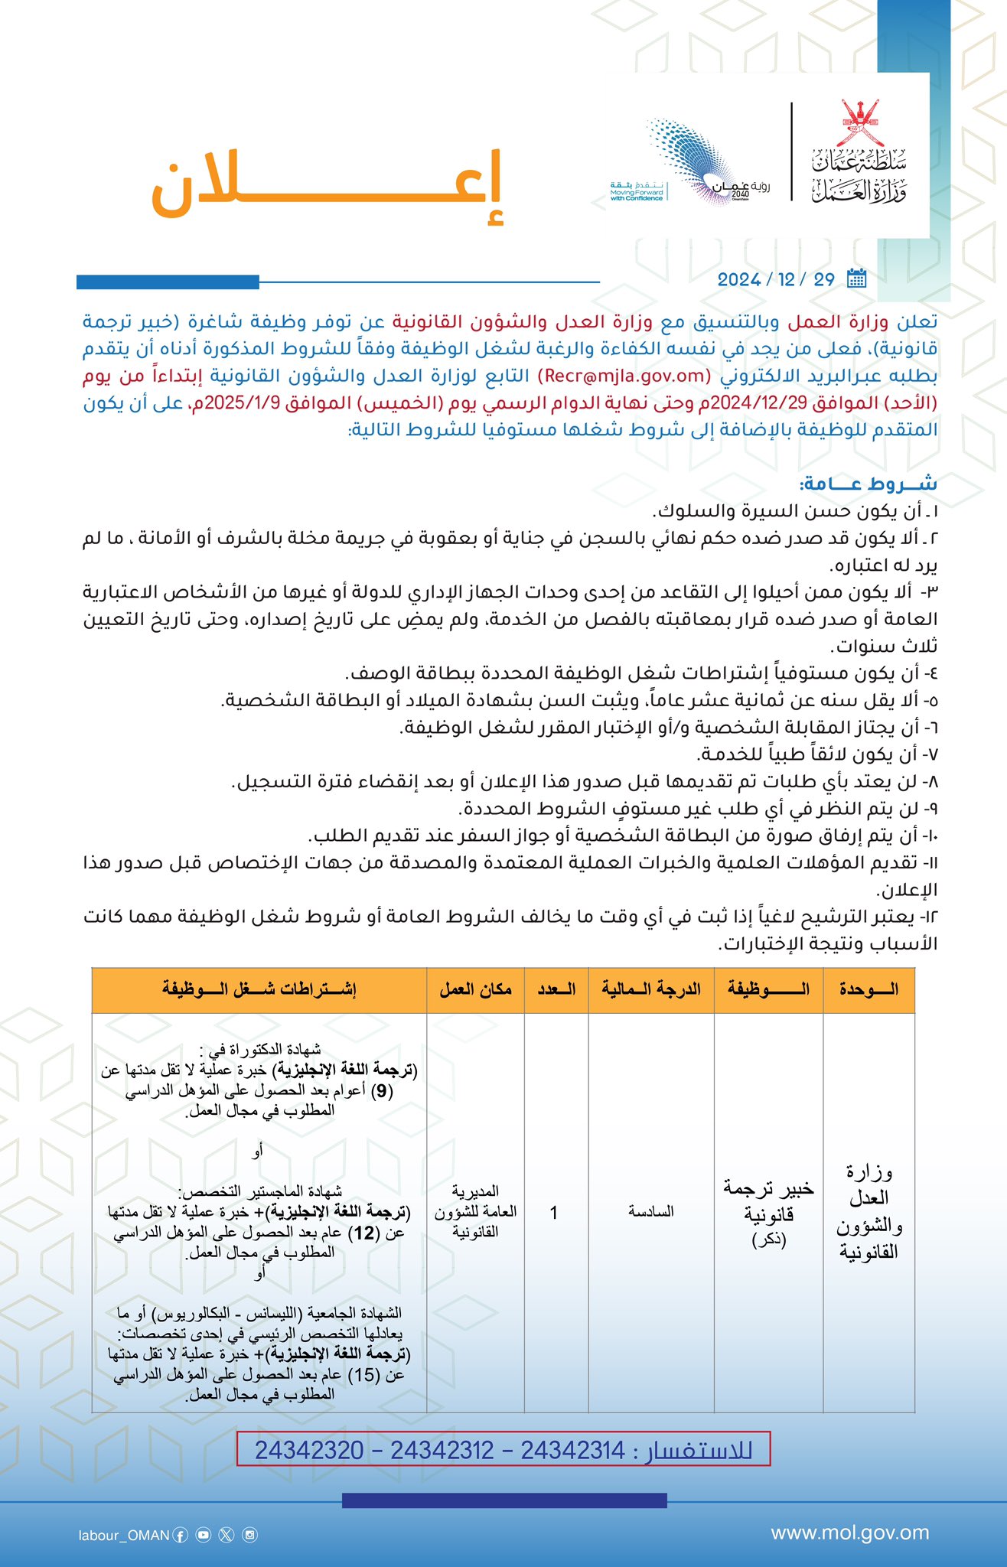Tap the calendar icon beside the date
pyautogui.click(x=856, y=279)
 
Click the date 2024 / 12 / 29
pyautogui.click(x=775, y=279)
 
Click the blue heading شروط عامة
pyautogui.click(x=868, y=484)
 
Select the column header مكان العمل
pyautogui.click(x=475, y=989)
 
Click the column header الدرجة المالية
pyautogui.click(x=650, y=989)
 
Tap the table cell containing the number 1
pyautogui.click(x=555, y=1212)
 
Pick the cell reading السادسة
pyautogui.click(x=650, y=1211)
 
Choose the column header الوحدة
pyautogui.click(x=868, y=989)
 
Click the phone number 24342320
pyautogui.click(x=309, y=1450)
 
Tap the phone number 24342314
pyautogui.click(x=573, y=1450)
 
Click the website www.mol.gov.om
pyautogui.click(x=849, y=1533)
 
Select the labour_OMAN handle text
pyautogui.click(x=123, y=1536)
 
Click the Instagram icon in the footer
pyautogui.click(x=249, y=1535)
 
